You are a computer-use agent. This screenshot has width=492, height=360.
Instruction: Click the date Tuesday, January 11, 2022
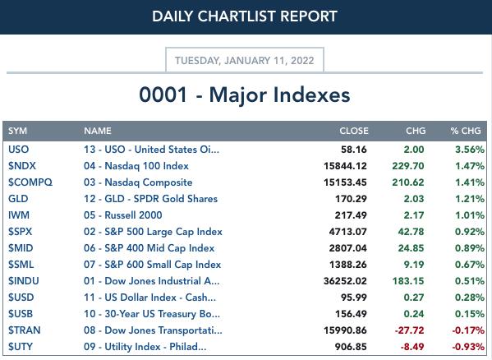245,60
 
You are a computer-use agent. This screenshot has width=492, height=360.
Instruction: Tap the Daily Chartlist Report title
245,16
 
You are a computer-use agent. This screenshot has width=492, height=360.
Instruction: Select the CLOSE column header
354,131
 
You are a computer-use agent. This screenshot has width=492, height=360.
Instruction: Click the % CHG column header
466,131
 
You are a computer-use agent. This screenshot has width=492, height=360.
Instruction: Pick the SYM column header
17,131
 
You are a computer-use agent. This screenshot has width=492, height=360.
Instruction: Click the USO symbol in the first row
19,150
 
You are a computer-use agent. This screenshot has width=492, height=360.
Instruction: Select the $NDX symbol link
22,166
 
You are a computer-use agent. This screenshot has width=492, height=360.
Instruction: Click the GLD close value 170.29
351,199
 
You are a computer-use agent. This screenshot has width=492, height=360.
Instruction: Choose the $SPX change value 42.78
411,232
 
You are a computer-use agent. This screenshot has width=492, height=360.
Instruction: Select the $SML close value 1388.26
348,265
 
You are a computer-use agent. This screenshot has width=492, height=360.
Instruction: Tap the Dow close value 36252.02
345,281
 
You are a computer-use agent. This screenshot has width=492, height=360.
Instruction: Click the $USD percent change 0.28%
470,298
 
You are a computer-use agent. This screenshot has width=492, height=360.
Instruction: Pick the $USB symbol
21,313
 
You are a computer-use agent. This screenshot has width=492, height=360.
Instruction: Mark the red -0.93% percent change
468,347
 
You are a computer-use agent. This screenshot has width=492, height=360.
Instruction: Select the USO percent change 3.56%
470,150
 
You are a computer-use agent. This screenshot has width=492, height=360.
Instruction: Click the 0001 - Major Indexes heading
245,95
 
